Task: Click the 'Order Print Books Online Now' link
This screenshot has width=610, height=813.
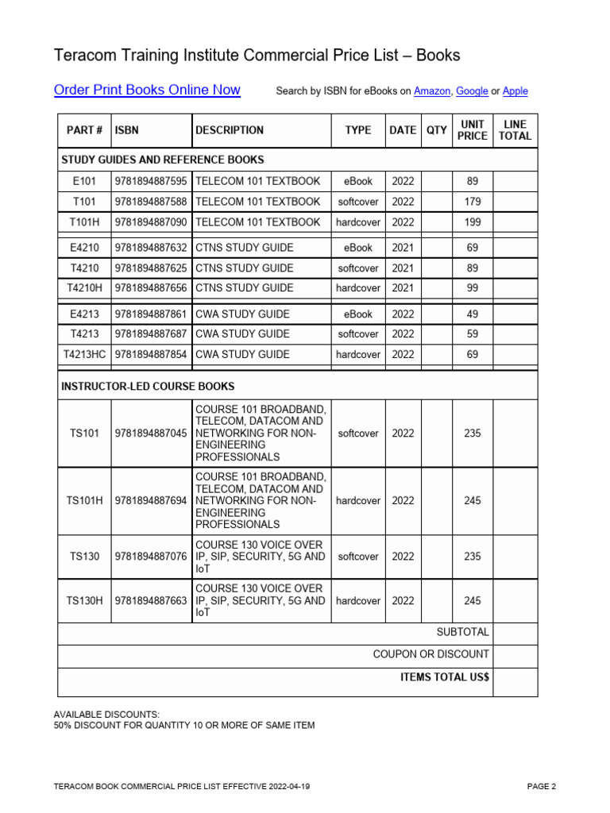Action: pos(147,90)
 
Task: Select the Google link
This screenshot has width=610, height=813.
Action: pos(472,91)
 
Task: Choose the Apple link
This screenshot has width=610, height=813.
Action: pos(515,91)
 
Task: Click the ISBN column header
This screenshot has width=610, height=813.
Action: pos(126,130)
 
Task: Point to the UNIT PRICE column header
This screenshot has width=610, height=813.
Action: pos(473,130)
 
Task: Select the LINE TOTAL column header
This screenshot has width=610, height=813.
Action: pos(515,130)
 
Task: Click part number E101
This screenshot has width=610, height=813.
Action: pos(84,181)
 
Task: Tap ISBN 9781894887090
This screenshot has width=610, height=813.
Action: pos(151,222)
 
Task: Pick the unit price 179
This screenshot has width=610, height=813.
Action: pos(473,202)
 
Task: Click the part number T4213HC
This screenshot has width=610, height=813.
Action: pos(84,355)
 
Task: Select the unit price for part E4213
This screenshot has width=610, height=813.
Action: pos(473,314)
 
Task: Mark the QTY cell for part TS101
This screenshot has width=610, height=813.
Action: pos(437,433)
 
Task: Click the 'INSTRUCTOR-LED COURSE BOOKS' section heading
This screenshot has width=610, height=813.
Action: pos(148,387)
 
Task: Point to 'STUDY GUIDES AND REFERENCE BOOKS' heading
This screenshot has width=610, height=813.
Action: pos(163,160)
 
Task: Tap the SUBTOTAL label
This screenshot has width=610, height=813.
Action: pos(463,633)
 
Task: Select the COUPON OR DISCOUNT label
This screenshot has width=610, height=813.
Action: pos(431,655)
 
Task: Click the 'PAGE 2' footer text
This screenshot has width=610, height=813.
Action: pos(542,787)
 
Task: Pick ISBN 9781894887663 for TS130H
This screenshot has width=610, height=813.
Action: pos(151,601)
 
